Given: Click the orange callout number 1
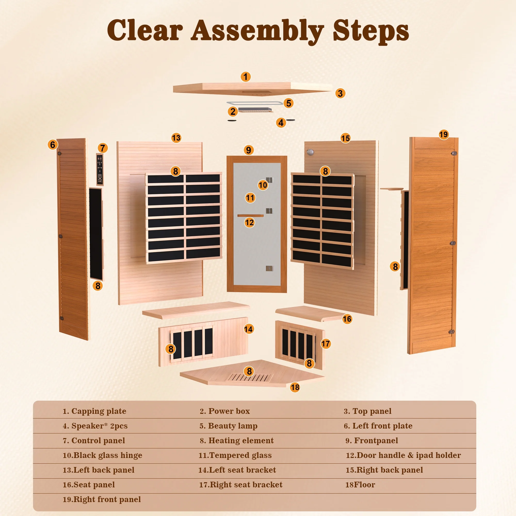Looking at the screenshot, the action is tap(246, 77).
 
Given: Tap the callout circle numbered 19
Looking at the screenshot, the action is tap(444, 134).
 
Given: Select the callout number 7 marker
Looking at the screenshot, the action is tap(103, 148).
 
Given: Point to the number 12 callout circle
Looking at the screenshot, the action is tap(250, 222).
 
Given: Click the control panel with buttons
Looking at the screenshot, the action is tap(100, 169).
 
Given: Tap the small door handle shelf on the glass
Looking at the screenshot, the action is tap(250, 216).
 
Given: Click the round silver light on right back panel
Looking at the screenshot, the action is tap(310, 152).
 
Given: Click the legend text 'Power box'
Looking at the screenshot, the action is tap(229, 411).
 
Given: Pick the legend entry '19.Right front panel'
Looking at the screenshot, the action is tap(102, 499).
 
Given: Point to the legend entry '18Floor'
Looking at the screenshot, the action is tap(360, 484).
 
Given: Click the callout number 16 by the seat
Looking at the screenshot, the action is tap(347, 319).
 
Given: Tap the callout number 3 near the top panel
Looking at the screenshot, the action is tap(340, 94).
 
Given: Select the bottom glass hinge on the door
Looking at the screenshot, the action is tap(269, 268).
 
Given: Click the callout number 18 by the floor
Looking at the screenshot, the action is tap(295, 387).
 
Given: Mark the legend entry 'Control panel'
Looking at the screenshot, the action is tap(94, 440).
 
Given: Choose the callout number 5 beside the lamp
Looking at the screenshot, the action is tap(288, 103).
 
